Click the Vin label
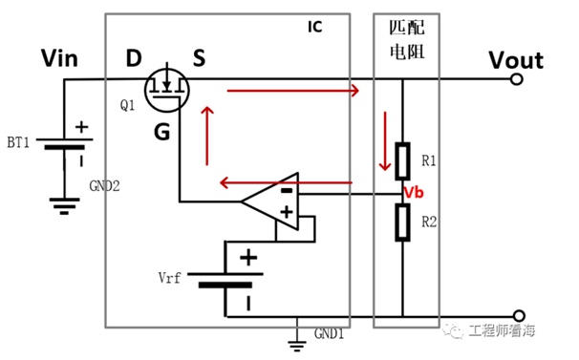click(59, 58)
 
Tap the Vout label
click(516, 60)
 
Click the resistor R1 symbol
click(402, 161)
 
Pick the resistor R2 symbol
click(402, 222)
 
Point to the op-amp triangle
click(270, 201)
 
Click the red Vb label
click(414, 192)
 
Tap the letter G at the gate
click(161, 132)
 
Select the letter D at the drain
click(134, 58)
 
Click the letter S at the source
click(199, 58)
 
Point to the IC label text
click(315, 27)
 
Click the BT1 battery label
click(18, 142)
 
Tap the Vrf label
click(169, 277)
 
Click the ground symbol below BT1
click(64, 206)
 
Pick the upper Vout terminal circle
click(517, 79)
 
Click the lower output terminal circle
click(519, 316)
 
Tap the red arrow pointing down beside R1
click(385, 140)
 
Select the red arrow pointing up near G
click(207, 136)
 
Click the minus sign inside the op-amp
click(287, 191)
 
